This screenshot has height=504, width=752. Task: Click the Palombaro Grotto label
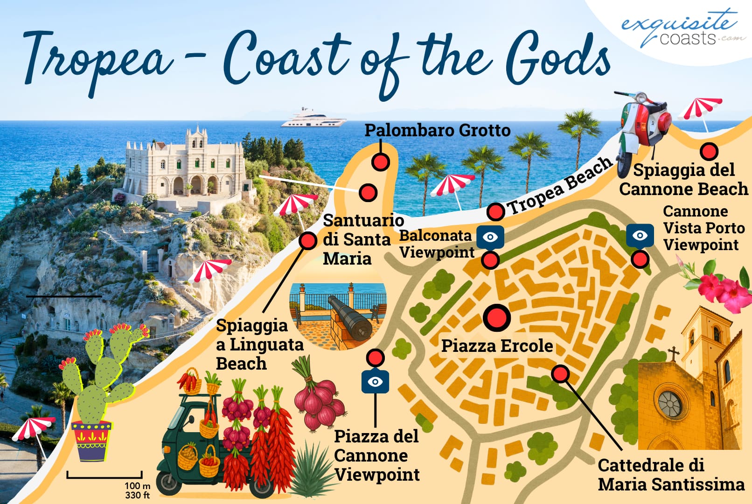click(437, 130)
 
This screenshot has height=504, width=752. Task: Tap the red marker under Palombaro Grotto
click(381, 162)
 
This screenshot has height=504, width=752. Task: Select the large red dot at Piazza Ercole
click(496, 318)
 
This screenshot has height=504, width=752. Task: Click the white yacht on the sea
click(313, 119)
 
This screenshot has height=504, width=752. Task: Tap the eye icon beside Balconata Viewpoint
click(490, 237)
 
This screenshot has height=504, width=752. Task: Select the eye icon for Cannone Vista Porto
click(640, 235)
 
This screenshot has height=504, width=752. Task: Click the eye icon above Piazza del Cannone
click(375, 382)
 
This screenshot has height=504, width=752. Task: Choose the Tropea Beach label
click(560, 186)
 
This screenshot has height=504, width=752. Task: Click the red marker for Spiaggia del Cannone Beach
click(709, 151)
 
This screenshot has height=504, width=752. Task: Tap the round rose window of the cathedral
click(670, 404)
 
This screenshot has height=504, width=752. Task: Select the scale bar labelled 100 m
click(104, 476)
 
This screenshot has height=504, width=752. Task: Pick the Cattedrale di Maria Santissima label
click(671, 475)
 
